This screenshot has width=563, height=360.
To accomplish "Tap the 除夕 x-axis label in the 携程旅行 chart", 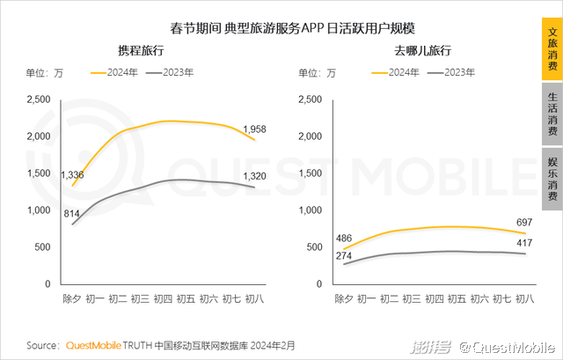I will (72, 299).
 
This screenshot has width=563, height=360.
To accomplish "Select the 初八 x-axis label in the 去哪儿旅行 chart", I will (525, 299).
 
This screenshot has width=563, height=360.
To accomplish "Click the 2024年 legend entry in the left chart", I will (120, 71).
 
